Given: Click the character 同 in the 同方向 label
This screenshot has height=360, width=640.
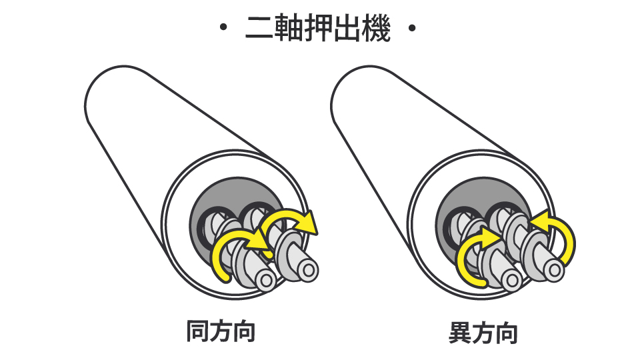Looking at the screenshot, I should click(198, 331).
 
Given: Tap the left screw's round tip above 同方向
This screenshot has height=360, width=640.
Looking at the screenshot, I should click(267, 280).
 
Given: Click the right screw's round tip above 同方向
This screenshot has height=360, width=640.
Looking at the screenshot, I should click(308, 269).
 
